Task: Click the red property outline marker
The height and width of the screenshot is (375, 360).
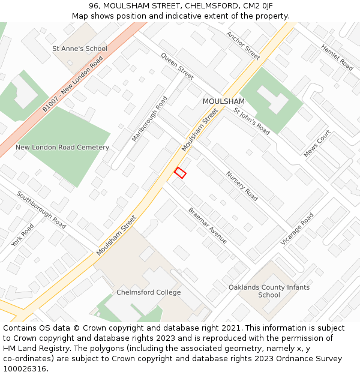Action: coord(180,173)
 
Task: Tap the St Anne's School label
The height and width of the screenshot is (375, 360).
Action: coord(80,49)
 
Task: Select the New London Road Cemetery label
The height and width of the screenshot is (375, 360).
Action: coord(62,147)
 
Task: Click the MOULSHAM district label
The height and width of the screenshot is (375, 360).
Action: coord(223,101)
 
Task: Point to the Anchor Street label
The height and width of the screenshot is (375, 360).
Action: coord(243,46)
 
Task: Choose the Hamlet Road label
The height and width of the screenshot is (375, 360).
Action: coord(337,57)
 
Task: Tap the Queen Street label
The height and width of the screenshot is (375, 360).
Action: coord(177,66)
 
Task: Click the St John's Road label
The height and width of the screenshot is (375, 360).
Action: coord(252,121)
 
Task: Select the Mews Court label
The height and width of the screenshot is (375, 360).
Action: coord(317,144)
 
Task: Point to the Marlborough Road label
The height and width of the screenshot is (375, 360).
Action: coord(149,119)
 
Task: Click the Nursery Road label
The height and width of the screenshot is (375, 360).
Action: coord(242,186)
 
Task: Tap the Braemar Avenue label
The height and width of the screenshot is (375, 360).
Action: coord(208,226)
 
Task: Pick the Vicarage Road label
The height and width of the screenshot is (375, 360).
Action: coord(298,229)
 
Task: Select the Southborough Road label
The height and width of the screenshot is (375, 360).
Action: coord(41,209)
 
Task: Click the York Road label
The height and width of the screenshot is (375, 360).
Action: coord(23,235)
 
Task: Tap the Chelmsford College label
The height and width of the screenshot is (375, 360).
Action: coord(148,292)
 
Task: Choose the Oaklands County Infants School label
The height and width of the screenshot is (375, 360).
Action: coord(269,291)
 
